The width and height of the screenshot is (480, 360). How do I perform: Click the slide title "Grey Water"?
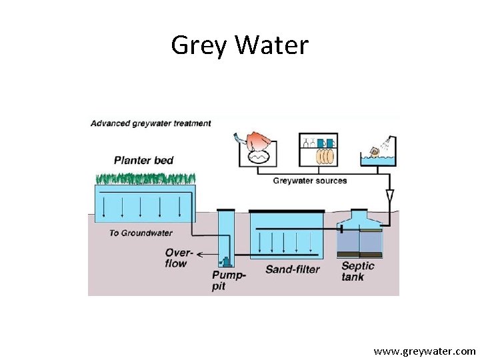click(x=240, y=45)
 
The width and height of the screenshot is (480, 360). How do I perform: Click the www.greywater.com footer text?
click(x=425, y=351)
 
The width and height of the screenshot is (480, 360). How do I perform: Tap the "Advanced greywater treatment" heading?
click(x=151, y=123)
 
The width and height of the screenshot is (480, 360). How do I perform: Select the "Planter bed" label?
click(x=143, y=160)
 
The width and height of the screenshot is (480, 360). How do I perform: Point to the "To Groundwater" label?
click(x=141, y=233)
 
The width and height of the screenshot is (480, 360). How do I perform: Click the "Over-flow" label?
click(x=179, y=258)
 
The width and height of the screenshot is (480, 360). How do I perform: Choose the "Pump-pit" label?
click(x=229, y=281)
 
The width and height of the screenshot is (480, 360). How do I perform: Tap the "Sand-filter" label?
click(x=292, y=269)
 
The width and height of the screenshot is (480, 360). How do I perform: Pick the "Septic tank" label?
click(x=358, y=271)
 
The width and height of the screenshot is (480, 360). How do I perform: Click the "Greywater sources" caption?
click(x=310, y=181)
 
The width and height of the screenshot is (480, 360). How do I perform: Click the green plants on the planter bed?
click(x=145, y=178)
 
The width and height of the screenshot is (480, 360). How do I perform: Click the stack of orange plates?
click(x=325, y=156)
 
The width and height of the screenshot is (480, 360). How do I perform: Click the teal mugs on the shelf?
click(x=326, y=143)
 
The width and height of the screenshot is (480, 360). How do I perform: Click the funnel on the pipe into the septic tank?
click(x=390, y=196)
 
